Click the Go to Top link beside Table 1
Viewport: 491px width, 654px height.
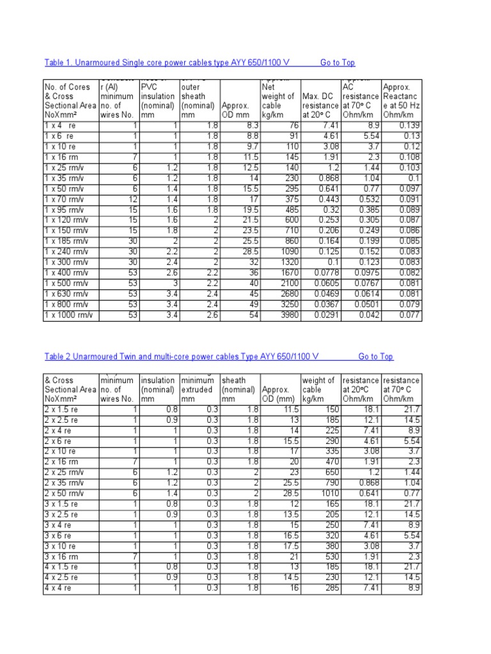pos(338,63)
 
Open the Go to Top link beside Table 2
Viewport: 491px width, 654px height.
pos(376,356)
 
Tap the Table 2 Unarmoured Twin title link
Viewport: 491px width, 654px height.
pos(181,356)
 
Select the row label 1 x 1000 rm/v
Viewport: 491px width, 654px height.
pos(68,314)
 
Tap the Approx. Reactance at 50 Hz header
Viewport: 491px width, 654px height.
pos(401,101)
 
